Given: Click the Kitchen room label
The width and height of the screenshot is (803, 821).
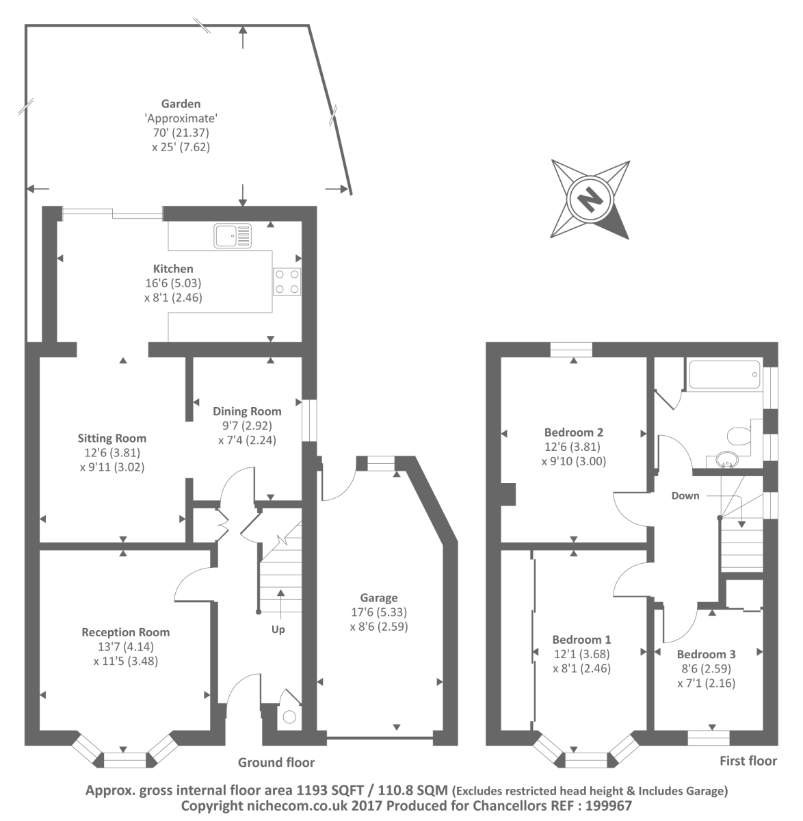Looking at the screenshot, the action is point(173,269).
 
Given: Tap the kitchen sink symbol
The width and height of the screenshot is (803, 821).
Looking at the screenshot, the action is point(233,235).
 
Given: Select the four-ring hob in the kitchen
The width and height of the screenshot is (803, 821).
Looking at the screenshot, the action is point(287,281).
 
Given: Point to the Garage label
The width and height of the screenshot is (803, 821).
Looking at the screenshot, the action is point(379,598).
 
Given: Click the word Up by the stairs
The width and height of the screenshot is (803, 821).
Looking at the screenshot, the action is point(278,629).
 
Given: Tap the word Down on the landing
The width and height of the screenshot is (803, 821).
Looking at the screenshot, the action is point(685,496).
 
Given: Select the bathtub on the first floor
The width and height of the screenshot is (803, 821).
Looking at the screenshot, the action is point(724,374).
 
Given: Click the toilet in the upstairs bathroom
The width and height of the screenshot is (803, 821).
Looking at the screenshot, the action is point(739,436).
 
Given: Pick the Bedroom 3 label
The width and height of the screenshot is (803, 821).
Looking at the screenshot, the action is point(707,654).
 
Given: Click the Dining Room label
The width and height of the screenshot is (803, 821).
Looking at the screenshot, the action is point(247,411).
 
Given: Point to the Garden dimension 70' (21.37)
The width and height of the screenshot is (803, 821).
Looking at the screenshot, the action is point(181,133).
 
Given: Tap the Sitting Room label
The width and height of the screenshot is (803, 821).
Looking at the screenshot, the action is point(111,439).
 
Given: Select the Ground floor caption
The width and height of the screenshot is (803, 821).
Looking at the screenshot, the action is point(276,763).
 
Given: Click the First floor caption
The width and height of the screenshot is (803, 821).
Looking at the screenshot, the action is point(748,761).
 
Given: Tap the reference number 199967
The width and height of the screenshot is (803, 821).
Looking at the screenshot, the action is point(608,806).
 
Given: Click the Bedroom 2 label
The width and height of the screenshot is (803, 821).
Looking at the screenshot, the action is point(574,432).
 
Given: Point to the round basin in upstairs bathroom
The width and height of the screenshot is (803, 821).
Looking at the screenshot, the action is point(727,460).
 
